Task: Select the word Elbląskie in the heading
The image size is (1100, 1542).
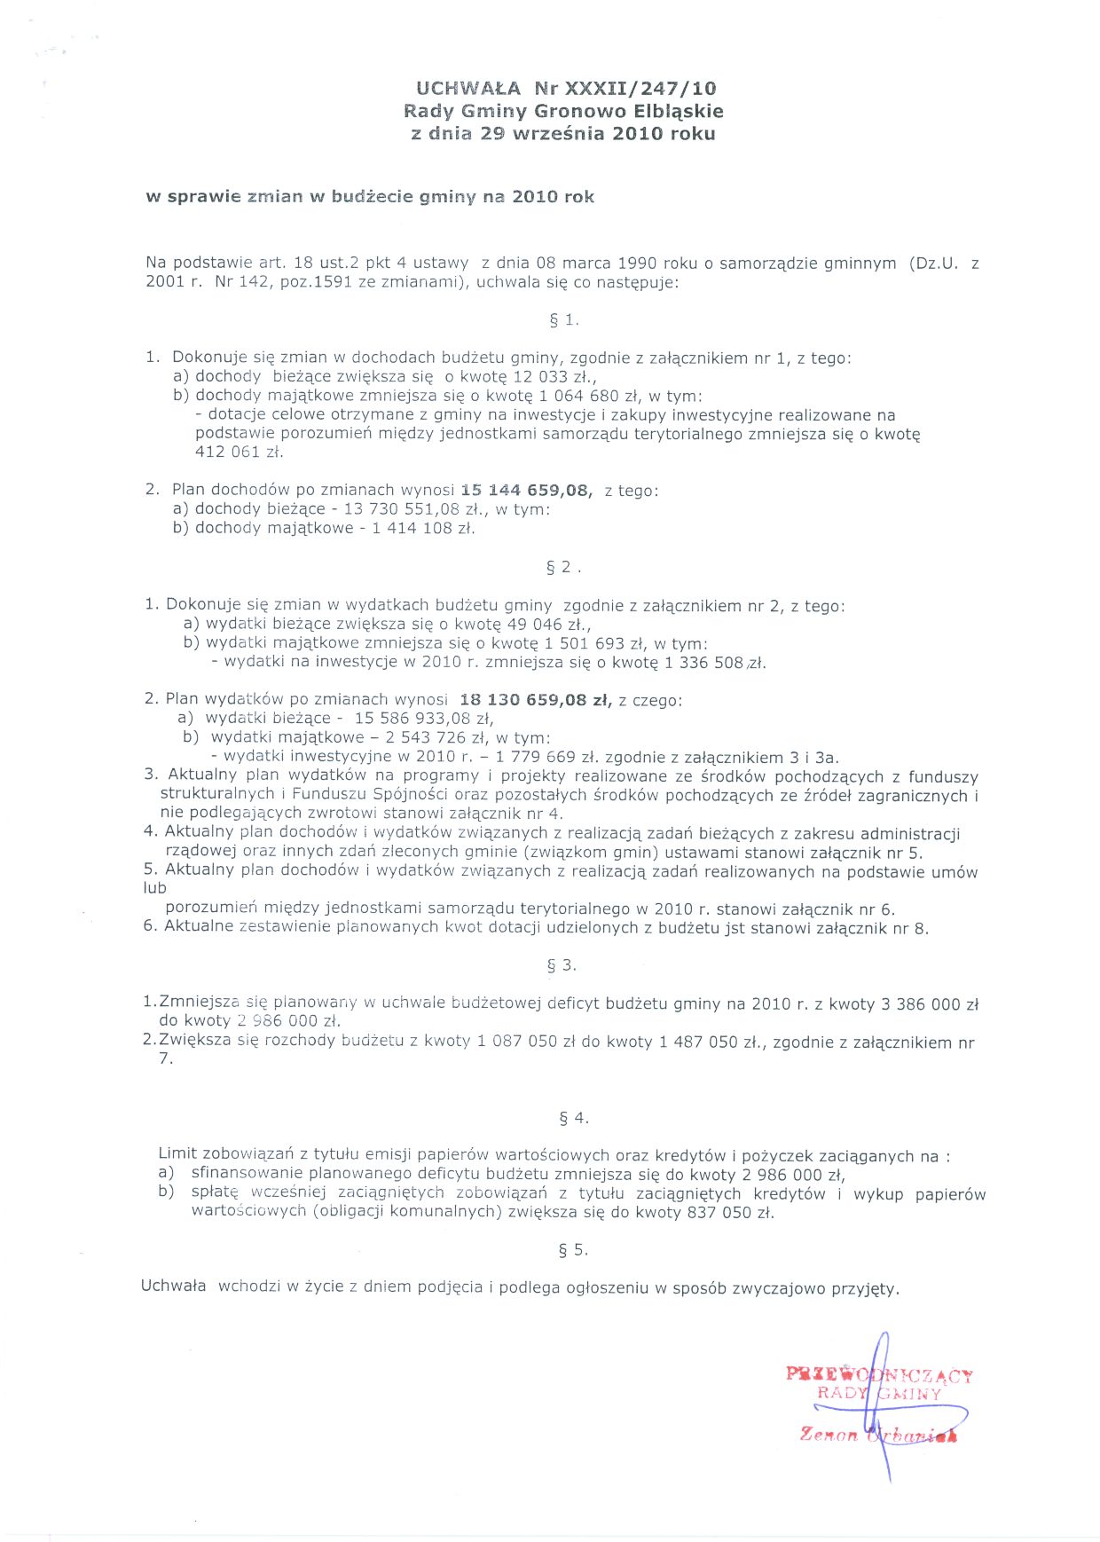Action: (x=679, y=111)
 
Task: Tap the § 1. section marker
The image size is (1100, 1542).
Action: (x=563, y=320)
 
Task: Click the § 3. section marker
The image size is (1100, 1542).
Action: (x=562, y=965)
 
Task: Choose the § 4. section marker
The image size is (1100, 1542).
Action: (x=573, y=1118)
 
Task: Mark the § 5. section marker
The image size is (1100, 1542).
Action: (x=573, y=1250)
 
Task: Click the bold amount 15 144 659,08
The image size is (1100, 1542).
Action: (x=526, y=490)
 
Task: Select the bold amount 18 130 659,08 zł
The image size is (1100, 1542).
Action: (x=536, y=700)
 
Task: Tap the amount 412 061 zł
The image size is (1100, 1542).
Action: (x=239, y=452)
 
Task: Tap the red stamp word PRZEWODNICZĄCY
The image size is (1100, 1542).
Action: (x=879, y=1375)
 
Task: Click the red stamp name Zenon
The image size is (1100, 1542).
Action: (x=829, y=1435)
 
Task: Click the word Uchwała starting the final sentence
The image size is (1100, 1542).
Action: (x=174, y=1286)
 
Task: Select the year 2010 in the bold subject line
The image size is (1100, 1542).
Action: (x=534, y=196)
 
